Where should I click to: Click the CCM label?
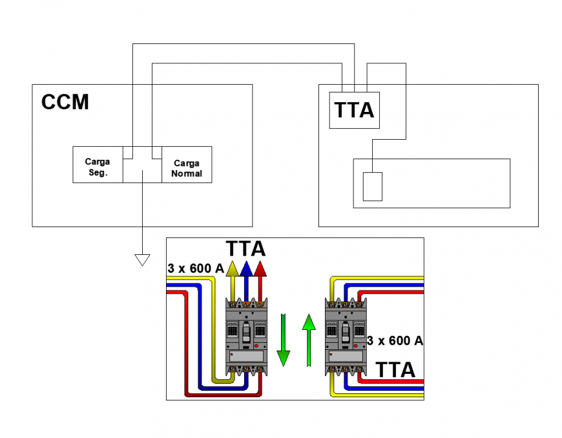pos(65,102)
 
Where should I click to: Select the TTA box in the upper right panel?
pos(354,110)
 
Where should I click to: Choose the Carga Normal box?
pos(187,168)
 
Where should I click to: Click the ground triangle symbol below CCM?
pos(141,259)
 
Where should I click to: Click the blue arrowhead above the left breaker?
pos(245,268)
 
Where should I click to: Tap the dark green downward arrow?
pos(283,340)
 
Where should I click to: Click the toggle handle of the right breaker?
pos(345,331)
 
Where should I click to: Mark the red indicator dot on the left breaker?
pos(258,347)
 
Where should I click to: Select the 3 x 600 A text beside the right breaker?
pos(395,340)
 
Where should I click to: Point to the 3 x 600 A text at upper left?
pos(195,268)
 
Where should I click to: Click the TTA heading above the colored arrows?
pos(245,248)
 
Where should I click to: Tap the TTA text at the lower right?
pos(395,370)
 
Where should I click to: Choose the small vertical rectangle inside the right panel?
pos(372,186)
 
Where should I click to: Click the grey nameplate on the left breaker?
pos(245,355)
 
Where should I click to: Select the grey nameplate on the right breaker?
pos(345,355)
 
